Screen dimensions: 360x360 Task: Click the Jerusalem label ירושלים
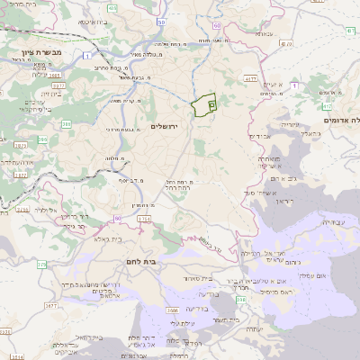click(x=166, y=126)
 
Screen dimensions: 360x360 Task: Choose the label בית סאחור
click(x=207, y=277)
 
